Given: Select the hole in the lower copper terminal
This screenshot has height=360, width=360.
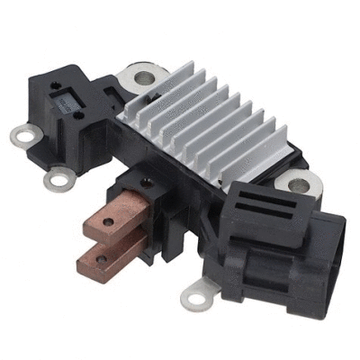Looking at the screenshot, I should (x=102, y=260).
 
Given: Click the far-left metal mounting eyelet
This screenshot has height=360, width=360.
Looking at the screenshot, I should (x=21, y=136).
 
